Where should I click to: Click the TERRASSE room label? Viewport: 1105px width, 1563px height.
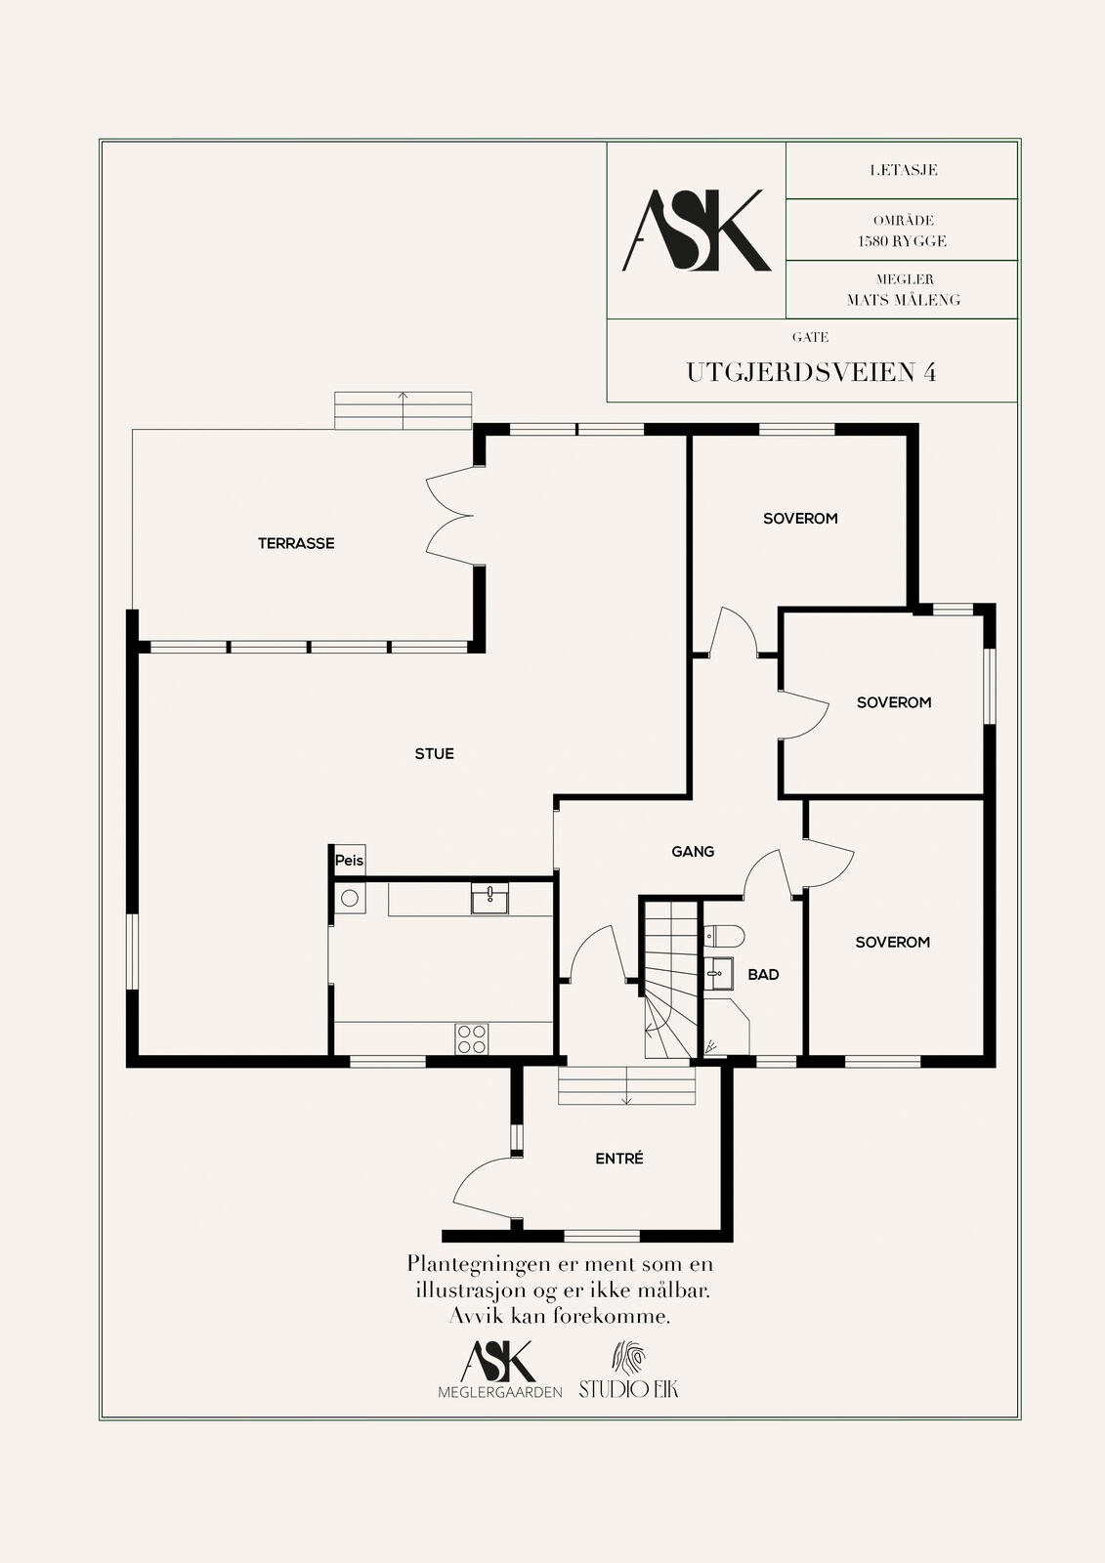(296, 543)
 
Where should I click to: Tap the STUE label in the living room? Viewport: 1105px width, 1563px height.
(434, 753)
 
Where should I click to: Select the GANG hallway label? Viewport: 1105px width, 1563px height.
(693, 851)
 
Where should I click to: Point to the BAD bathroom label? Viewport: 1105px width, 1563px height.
(763, 975)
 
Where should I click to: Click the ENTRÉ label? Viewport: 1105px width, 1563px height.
(619, 1159)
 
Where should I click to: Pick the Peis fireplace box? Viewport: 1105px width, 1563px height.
(349, 861)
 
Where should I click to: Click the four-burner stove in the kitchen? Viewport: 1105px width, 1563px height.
(472, 1039)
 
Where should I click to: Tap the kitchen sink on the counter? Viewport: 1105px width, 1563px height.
(489, 898)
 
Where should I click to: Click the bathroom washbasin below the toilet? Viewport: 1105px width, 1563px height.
(718, 973)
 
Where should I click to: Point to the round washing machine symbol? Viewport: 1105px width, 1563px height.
(350, 898)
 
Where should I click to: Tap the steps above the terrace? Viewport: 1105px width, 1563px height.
(403, 410)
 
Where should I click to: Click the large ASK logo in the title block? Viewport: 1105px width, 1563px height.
(696, 231)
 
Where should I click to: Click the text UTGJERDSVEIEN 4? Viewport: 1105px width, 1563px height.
(811, 372)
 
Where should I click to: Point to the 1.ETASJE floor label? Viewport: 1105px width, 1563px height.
(904, 170)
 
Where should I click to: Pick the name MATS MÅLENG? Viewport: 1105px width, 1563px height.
(904, 300)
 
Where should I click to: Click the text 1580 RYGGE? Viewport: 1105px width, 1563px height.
(903, 241)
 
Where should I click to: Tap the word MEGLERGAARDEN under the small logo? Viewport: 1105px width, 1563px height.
(500, 1392)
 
